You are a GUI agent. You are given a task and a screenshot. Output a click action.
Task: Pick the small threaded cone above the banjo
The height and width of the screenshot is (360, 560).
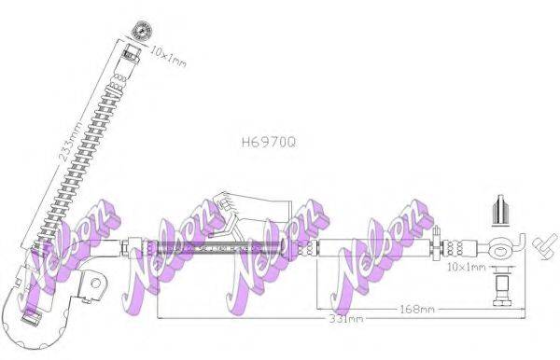coord(499,210)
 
